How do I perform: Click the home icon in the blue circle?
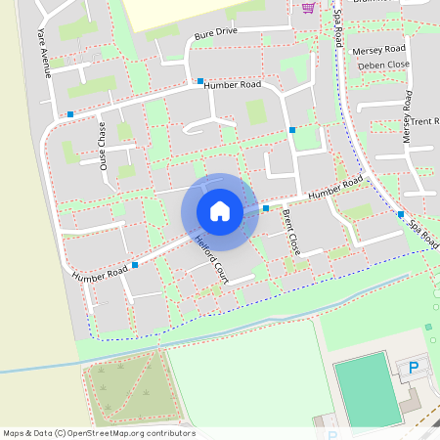point(220,211)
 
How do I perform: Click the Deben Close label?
point(382,66)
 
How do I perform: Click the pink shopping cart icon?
point(308,8)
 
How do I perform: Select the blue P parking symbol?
point(413,368)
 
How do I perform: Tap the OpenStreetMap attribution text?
point(100,432)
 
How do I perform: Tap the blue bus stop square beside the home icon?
point(266,208)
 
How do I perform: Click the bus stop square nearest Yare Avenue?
point(70,114)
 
